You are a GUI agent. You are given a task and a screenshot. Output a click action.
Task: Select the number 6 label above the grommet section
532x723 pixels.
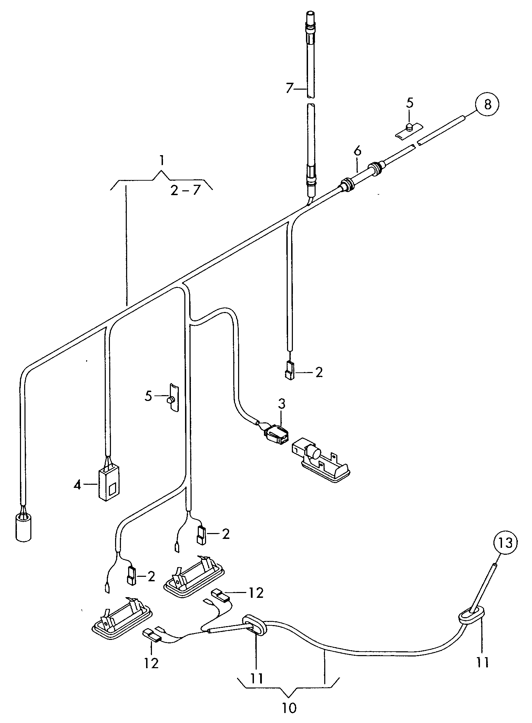[x=357, y=151]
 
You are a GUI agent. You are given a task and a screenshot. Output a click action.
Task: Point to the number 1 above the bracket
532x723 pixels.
[x=161, y=161]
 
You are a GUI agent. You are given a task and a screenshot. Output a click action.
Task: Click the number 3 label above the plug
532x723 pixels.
[x=282, y=404]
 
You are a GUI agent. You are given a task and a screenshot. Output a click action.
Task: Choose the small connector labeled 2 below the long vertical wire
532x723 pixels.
[x=289, y=371]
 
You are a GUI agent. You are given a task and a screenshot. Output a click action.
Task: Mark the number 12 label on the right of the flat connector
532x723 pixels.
[x=255, y=593]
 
